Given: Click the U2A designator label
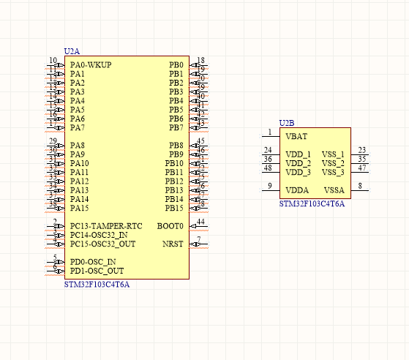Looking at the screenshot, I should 72,51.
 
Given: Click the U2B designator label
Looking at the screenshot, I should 286,123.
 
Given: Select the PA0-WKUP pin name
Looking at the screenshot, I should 91,65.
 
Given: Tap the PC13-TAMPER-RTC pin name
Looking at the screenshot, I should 106,226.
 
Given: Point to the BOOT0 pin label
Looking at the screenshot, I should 170,226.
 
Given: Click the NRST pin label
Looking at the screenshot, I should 173,244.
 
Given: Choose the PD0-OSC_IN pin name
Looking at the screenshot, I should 92,262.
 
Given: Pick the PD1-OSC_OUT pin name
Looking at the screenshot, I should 97,271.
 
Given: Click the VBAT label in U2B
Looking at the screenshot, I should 296,137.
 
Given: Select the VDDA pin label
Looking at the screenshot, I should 297,190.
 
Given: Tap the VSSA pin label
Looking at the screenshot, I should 334,190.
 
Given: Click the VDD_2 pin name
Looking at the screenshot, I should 298,163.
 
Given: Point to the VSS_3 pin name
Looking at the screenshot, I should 333,172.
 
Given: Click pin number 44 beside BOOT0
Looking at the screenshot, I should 200,222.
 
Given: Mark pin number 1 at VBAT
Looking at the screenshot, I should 269,132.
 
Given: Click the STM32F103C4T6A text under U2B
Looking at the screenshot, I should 311,203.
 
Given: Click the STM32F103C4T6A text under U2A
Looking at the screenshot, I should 97,284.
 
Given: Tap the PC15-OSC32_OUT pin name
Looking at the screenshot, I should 102,244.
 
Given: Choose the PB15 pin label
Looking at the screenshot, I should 174,208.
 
